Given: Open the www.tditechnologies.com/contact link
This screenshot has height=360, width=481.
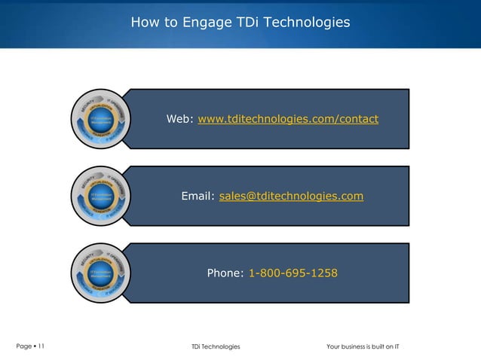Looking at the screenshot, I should click(x=288, y=120).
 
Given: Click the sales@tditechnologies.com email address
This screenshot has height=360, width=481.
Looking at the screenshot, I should click(x=291, y=197).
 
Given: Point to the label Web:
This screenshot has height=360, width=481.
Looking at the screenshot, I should click(x=180, y=120).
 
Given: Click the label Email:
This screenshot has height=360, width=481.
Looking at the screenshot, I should click(x=198, y=197).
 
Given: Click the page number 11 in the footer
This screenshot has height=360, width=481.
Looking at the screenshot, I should click(x=40, y=346).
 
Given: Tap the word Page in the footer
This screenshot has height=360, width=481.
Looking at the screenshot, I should click(x=23, y=346).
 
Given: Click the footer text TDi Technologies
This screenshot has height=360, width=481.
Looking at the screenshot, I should click(x=216, y=346).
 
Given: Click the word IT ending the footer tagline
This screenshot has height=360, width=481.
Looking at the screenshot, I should click(x=397, y=346).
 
